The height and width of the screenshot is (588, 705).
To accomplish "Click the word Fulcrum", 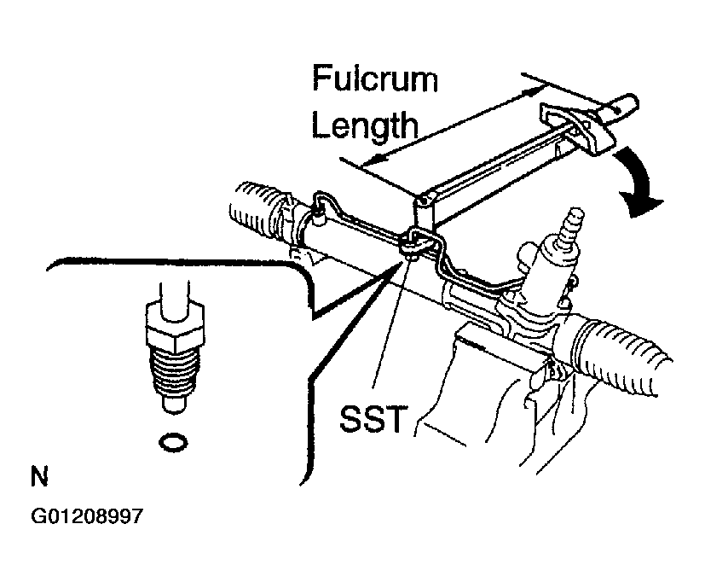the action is coord(375,79).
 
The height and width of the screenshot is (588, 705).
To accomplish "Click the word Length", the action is coord(365,125).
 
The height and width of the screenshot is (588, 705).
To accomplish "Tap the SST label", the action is coord(373,418).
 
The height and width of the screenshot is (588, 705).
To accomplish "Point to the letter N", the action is coord(39,476).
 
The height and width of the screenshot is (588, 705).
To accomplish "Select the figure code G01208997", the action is coord(87,516).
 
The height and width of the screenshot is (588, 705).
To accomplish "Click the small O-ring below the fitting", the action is coord(174,443).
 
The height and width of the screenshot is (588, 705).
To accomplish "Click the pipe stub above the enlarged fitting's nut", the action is coord(173,299).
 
